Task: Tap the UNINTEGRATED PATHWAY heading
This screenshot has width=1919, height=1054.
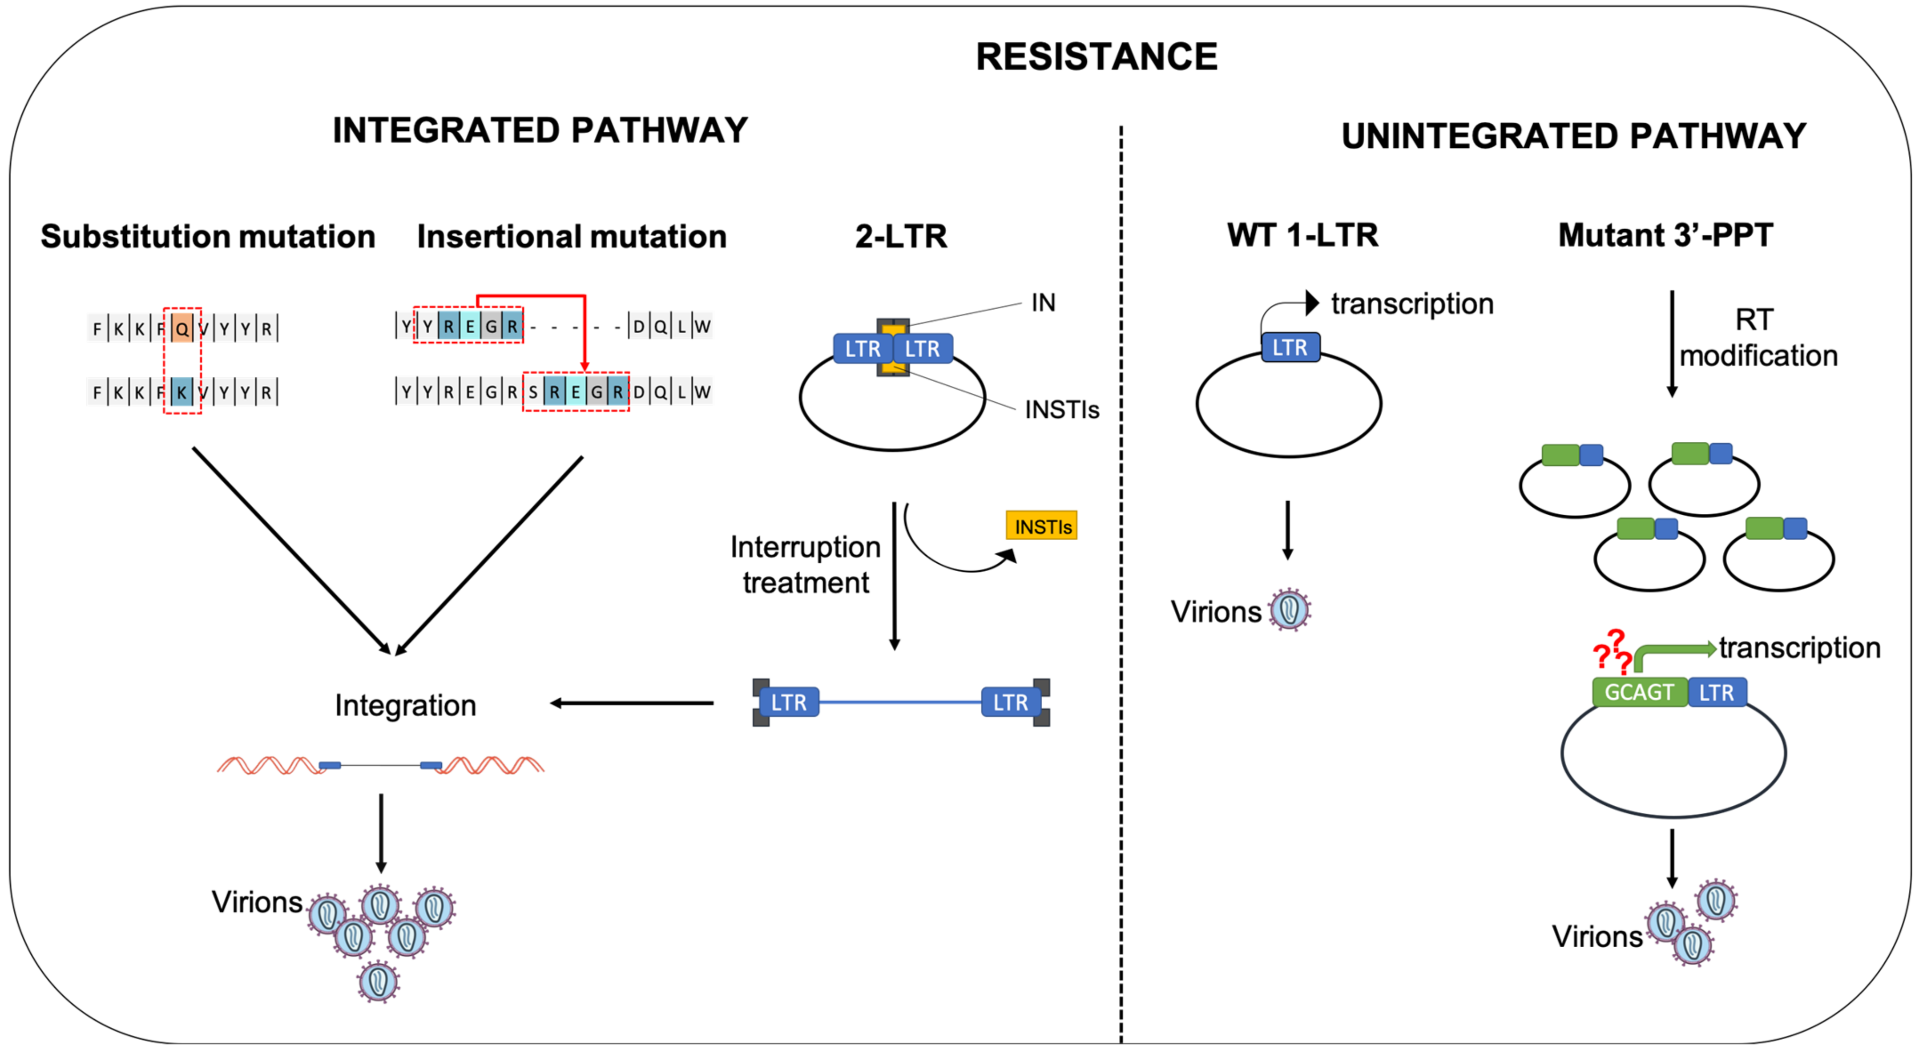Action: tap(1573, 136)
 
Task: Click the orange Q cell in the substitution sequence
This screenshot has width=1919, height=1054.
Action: tap(182, 328)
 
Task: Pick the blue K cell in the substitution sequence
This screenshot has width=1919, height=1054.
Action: tap(182, 392)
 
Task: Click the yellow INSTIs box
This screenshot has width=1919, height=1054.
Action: tap(1041, 526)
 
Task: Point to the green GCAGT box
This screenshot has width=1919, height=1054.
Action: tap(1639, 692)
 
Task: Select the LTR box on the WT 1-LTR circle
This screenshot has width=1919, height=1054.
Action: tap(1290, 347)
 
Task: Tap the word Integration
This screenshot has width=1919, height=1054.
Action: tap(405, 705)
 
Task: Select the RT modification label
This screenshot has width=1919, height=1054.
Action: tap(1757, 337)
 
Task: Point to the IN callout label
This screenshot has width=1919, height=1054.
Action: tap(1043, 303)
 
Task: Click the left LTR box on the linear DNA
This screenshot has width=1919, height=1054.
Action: tap(788, 702)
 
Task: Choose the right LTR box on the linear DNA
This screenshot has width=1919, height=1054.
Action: tap(1010, 702)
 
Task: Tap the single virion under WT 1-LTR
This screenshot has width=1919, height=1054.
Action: tap(1289, 610)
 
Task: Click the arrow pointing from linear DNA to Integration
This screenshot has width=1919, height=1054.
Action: tap(632, 703)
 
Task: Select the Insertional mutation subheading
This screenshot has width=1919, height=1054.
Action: tap(571, 236)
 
